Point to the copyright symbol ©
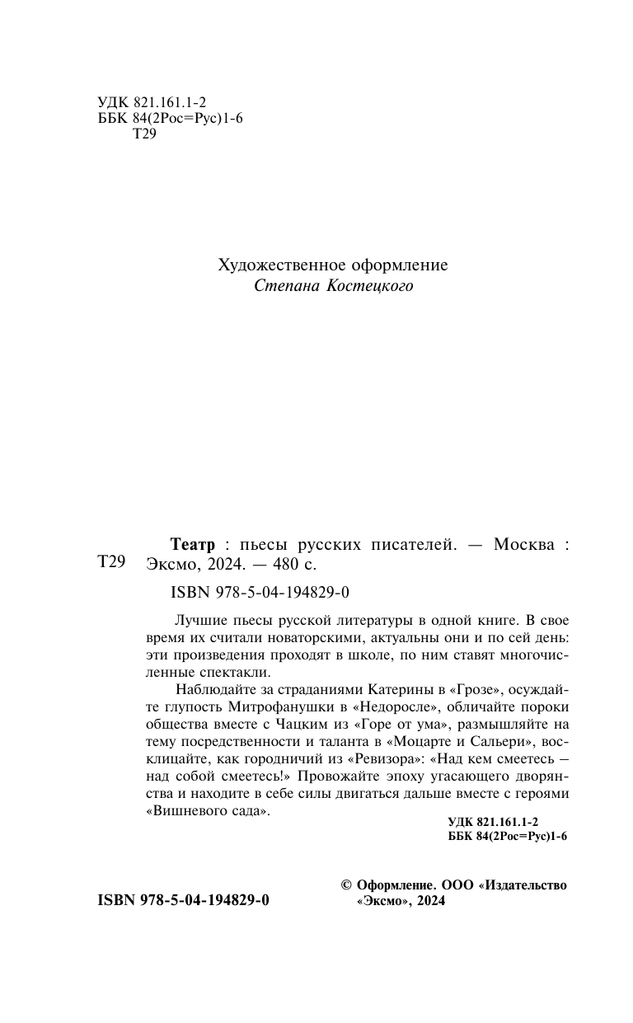[x=347, y=885]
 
